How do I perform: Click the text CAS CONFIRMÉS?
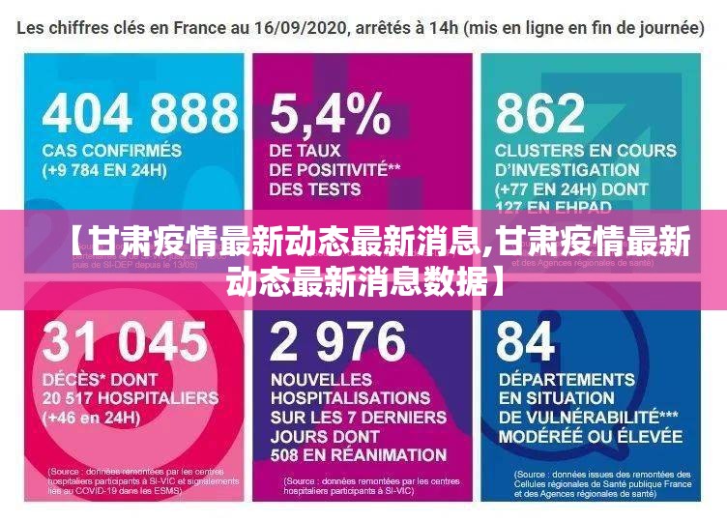point(111,151)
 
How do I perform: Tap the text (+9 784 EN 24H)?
point(104,170)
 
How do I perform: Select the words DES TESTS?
point(315,189)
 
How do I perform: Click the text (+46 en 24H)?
point(91,418)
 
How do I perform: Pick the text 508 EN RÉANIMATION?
point(359,454)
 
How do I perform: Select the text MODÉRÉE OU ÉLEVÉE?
point(591,436)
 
